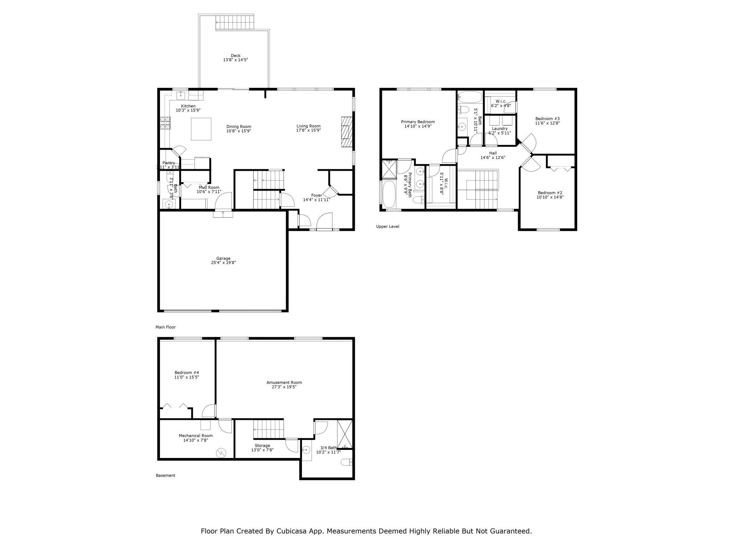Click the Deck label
(235, 56)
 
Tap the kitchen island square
(201, 129)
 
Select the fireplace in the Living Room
(347, 132)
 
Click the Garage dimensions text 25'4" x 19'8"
(223, 263)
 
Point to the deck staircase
(235, 22)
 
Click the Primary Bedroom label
(418, 122)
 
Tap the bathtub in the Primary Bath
(389, 194)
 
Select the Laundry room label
(499, 129)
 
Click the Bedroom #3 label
(547, 119)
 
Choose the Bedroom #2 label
(550, 193)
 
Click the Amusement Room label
(284, 383)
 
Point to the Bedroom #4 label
(186, 373)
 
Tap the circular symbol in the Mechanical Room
(221, 452)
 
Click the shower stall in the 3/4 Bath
(344, 434)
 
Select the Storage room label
(262, 446)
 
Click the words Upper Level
(387, 227)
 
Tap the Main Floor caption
(165, 327)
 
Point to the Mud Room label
(209, 188)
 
